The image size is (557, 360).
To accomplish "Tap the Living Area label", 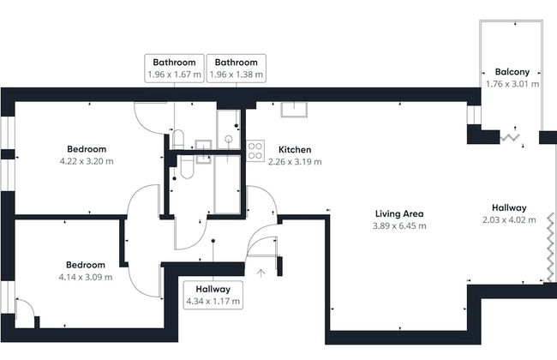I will click(399, 213).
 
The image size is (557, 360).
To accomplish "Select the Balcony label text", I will click(512, 72).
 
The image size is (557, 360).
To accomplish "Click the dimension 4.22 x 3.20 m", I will click(87, 160).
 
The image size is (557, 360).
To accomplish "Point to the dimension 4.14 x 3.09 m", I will click(86, 277).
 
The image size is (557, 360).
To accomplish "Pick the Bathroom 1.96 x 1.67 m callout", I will click(175, 69).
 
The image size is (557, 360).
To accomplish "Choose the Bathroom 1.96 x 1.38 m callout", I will click(237, 69).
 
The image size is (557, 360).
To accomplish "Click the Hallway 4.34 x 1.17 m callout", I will click(213, 296).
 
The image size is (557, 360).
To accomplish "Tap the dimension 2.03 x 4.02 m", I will click(509, 219).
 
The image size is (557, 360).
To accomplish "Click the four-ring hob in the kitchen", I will click(255, 151).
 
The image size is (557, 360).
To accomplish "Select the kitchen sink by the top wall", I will click(296, 108).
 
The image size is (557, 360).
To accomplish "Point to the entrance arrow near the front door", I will click(261, 273).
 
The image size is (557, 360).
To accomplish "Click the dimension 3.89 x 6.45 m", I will click(399, 225).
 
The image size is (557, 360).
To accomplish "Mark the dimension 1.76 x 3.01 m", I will click(512, 84).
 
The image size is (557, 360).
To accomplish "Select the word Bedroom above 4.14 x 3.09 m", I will click(86, 265).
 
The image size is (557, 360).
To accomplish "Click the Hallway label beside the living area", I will click(509, 207).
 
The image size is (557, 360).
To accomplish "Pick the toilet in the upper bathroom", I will click(178, 139).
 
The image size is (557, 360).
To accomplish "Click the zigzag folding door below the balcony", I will click(511, 135).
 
